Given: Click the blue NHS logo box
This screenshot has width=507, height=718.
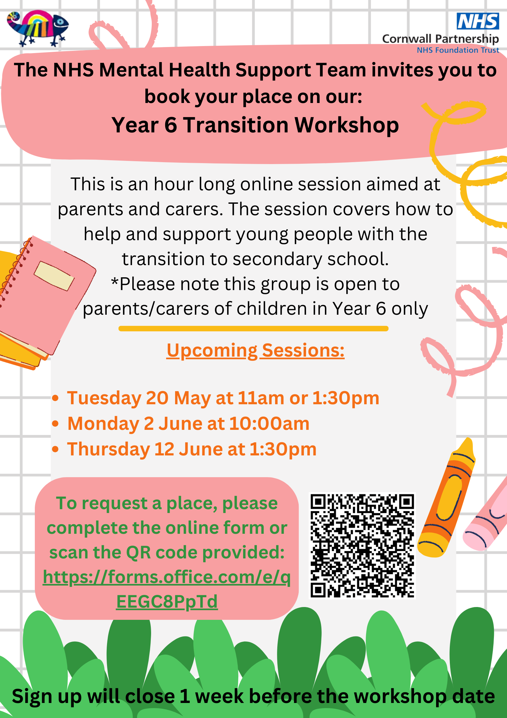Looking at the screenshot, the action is click(478, 21).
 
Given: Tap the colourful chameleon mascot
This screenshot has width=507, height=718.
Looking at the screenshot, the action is click(38, 28).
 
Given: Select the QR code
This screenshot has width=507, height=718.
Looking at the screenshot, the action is click(363, 546).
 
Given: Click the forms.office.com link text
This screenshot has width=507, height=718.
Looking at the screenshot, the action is click(167, 589).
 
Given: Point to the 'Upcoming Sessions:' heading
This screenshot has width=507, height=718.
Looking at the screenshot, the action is click(255, 351).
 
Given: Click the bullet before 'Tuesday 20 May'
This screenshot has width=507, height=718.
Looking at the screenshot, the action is click(55, 398).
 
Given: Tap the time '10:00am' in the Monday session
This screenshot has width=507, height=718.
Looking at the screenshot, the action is click(269, 423).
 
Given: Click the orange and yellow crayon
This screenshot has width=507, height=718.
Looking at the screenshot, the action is click(447, 497).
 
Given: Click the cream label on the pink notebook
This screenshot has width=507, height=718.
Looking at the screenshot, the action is click(54, 276).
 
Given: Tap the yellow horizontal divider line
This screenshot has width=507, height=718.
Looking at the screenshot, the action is click(253, 328).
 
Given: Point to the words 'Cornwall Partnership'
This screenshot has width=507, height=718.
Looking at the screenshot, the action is click(440, 39).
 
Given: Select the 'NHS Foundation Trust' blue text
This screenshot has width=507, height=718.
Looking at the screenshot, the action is click(458, 50).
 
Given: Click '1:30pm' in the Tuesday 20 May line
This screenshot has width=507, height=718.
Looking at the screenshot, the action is click(346, 398).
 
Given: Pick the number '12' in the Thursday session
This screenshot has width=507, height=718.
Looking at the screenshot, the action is click(164, 449).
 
